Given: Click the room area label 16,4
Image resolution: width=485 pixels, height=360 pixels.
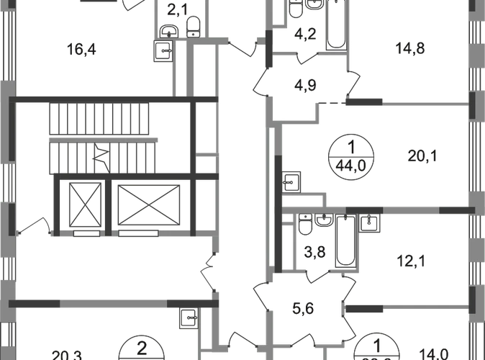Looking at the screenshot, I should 81,49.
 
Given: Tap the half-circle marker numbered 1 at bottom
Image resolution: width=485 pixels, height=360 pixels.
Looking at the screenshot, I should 376,348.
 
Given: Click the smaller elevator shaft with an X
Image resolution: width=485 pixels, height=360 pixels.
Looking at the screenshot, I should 85,203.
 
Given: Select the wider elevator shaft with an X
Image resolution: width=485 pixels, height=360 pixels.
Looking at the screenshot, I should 145,203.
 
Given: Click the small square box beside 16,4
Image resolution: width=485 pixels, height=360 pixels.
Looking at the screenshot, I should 164,52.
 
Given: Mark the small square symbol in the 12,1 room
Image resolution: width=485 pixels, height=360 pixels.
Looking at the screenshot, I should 371,224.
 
